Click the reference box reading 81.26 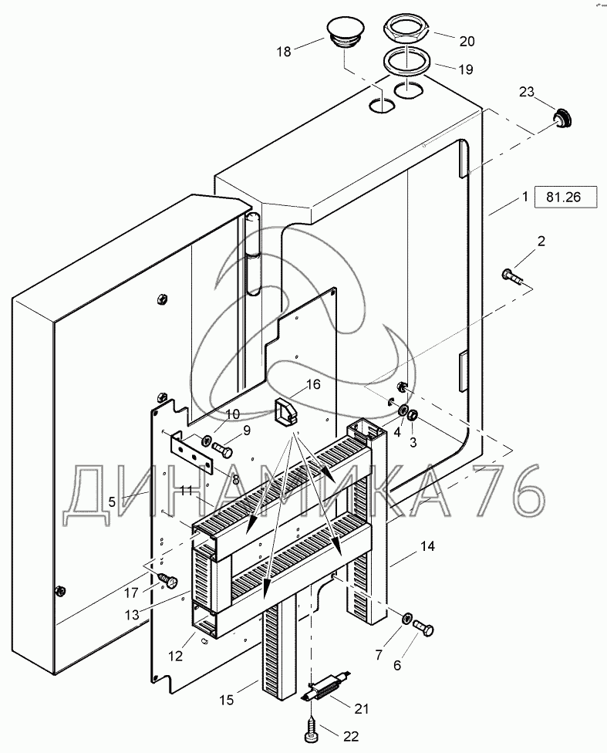[566, 197]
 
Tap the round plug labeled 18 [343, 33]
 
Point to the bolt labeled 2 [513, 277]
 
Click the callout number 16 [312, 384]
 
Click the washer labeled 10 [207, 439]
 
